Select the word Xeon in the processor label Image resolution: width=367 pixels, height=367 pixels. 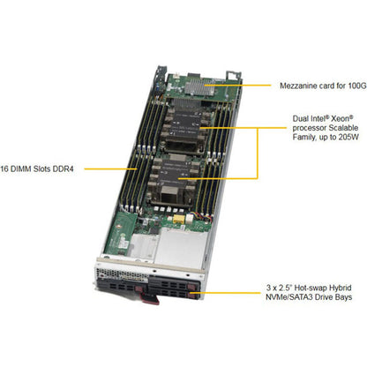(x=342, y=119)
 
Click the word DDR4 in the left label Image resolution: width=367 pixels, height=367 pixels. (x=63, y=169)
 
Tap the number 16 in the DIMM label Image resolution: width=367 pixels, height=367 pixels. (x=4, y=169)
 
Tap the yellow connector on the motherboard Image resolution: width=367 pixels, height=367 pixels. (x=178, y=219)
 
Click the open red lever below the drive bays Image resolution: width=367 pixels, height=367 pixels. (x=151, y=299)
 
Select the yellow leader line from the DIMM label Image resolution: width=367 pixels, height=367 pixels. (x=110, y=169)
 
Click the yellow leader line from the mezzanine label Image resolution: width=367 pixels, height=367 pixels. (x=237, y=86)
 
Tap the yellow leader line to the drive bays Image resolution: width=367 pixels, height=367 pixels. (x=225, y=293)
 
